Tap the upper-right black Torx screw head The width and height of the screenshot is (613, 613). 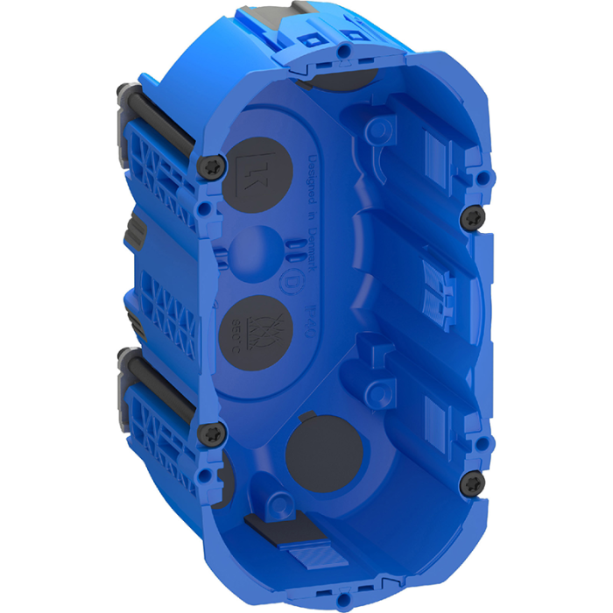[473, 215]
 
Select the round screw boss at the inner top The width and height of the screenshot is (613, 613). [377, 132]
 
